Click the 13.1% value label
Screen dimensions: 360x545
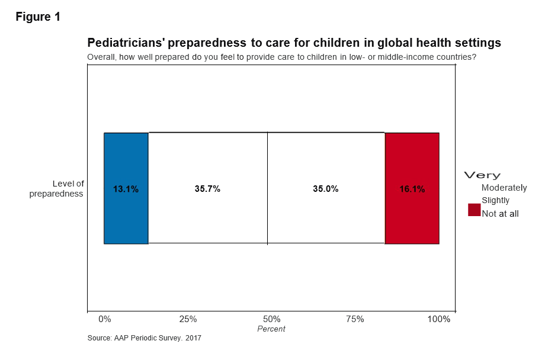tap(126, 189)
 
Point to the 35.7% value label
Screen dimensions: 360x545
tap(207, 189)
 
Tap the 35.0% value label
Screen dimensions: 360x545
tap(326, 189)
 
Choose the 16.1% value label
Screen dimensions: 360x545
tap(412, 189)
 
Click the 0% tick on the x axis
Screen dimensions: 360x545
tap(104, 319)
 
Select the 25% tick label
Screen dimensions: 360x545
tap(188, 319)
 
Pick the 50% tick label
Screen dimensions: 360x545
tap(271, 319)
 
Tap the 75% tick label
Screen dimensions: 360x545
tap(355, 319)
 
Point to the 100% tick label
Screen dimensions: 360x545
tap(439, 319)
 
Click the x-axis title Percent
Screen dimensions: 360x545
tap(271, 329)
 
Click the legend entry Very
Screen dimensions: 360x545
tap(482, 175)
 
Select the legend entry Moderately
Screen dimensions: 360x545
tap(504, 188)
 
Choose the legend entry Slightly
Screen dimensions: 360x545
tap(495, 200)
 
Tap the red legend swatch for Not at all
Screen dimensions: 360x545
tap(474, 210)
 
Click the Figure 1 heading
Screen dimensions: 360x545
tap(38, 17)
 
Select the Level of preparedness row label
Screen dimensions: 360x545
tap(56, 188)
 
